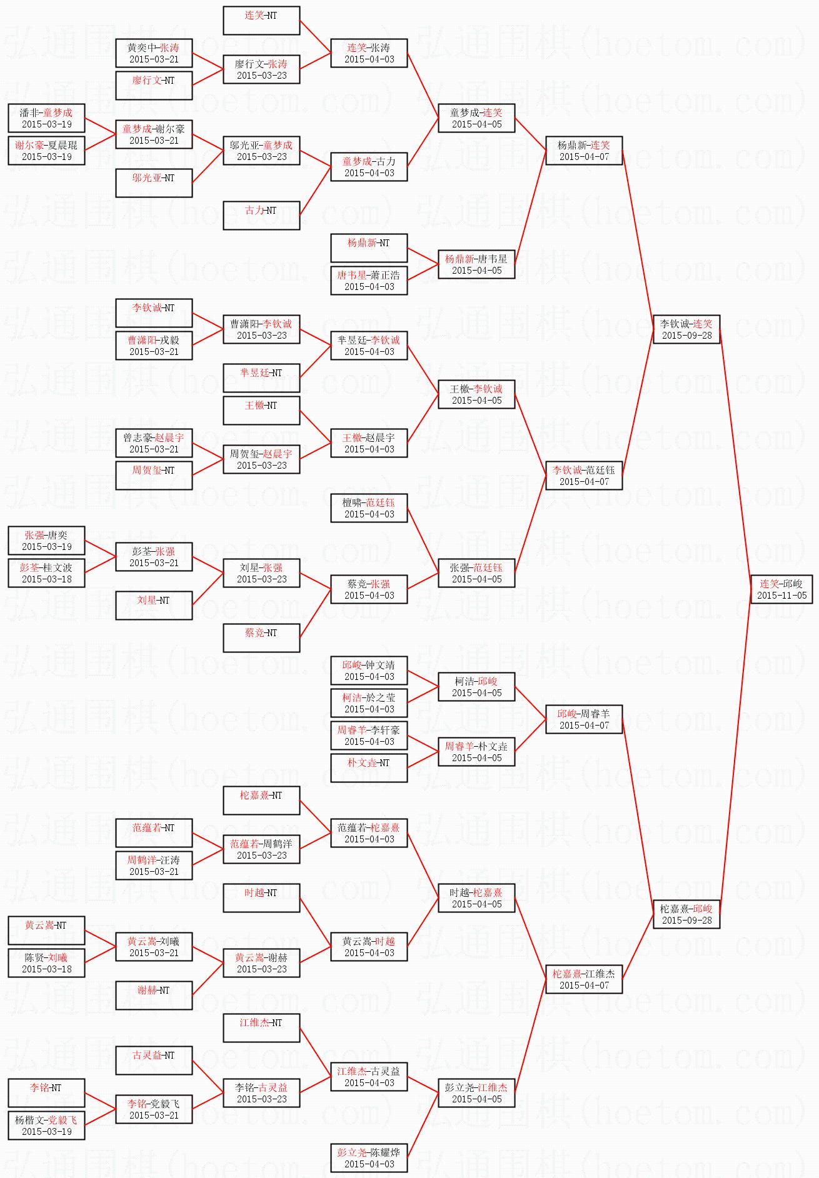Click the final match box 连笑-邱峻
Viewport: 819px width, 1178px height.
click(781, 589)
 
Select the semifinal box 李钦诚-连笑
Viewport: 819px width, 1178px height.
click(686, 329)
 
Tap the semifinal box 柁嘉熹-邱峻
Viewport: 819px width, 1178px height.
click(686, 914)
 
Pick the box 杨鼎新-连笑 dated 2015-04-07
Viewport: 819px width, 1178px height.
click(584, 151)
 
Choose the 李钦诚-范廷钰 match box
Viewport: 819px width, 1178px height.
click(584, 476)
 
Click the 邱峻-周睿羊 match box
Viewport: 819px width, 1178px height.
click(584, 719)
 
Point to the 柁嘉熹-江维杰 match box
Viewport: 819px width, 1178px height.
click(584, 979)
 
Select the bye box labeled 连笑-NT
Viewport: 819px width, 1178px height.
click(261, 21)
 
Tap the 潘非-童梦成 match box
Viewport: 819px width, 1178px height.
click(46, 118)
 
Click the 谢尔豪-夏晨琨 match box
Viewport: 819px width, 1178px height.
click(46, 151)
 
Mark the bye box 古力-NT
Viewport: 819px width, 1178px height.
click(261, 216)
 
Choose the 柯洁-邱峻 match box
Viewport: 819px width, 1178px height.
click(476, 687)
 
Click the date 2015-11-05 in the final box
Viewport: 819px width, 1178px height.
click(781, 596)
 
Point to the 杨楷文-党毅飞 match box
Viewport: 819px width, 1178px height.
click(46, 1126)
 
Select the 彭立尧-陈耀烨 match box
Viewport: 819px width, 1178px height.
click(369, 1158)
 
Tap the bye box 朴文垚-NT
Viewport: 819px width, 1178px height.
click(369, 768)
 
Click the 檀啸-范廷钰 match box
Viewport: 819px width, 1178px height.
click(369, 508)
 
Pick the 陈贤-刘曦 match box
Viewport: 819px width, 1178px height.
click(46, 963)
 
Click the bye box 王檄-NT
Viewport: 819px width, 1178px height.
click(261, 411)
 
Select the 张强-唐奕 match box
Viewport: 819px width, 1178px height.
click(46, 541)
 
